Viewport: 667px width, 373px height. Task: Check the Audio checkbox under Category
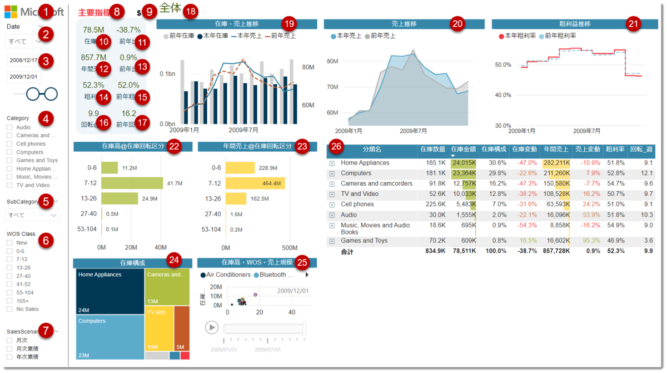(x=9, y=127)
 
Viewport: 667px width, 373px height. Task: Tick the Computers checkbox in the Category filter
(x=9, y=152)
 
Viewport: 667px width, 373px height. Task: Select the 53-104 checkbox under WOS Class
(x=9, y=292)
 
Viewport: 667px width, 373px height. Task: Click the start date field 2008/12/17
(x=23, y=60)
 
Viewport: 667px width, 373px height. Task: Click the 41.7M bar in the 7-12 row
(x=132, y=183)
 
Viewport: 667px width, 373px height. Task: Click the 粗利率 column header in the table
(x=615, y=150)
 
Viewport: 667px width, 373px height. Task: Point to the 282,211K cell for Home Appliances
(x=556, y=163)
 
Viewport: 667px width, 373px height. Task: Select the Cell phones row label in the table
(x=357, y=205)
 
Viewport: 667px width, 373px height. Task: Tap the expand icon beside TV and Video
(x=332, y=195)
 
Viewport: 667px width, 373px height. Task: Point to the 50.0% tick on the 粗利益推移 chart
(x=503, y=65)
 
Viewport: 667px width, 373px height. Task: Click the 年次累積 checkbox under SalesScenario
(x=9, y=357)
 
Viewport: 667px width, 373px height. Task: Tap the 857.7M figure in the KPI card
(x=93, y=57)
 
